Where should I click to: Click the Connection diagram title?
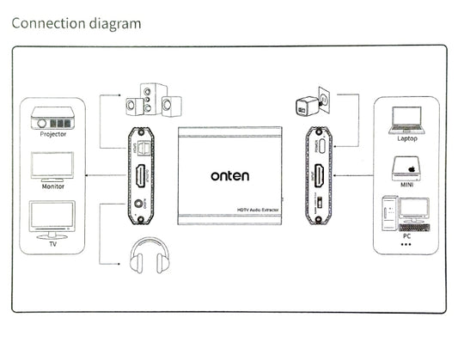[x=76, y=22]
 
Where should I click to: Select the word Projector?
[x=52, y=134]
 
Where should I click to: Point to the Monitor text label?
[x=52, y=185]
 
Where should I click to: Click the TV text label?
[x=52, y=242]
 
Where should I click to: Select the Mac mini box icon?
[x=406, y=166]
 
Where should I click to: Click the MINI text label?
[x=407, y=185]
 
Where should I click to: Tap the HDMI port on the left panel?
[x=141, y=179]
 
